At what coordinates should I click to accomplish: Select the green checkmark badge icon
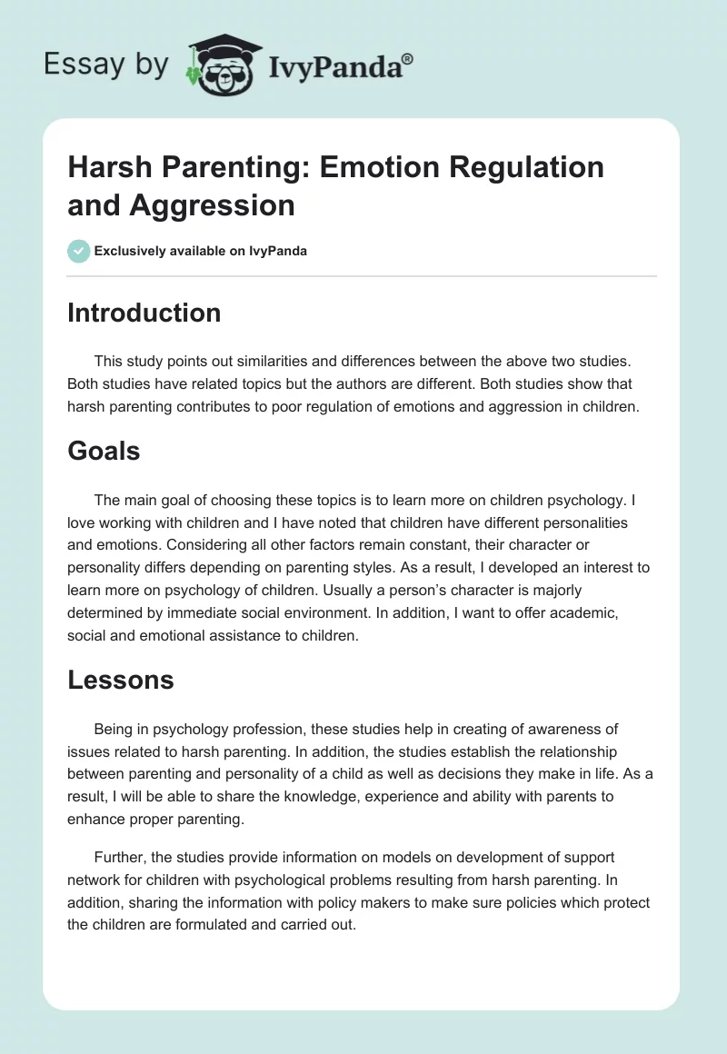coord(78,251)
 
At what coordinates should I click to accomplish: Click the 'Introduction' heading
coord(144,313)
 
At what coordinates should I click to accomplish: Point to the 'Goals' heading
coord(104,451)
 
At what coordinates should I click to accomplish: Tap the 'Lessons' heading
coord(120,680)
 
